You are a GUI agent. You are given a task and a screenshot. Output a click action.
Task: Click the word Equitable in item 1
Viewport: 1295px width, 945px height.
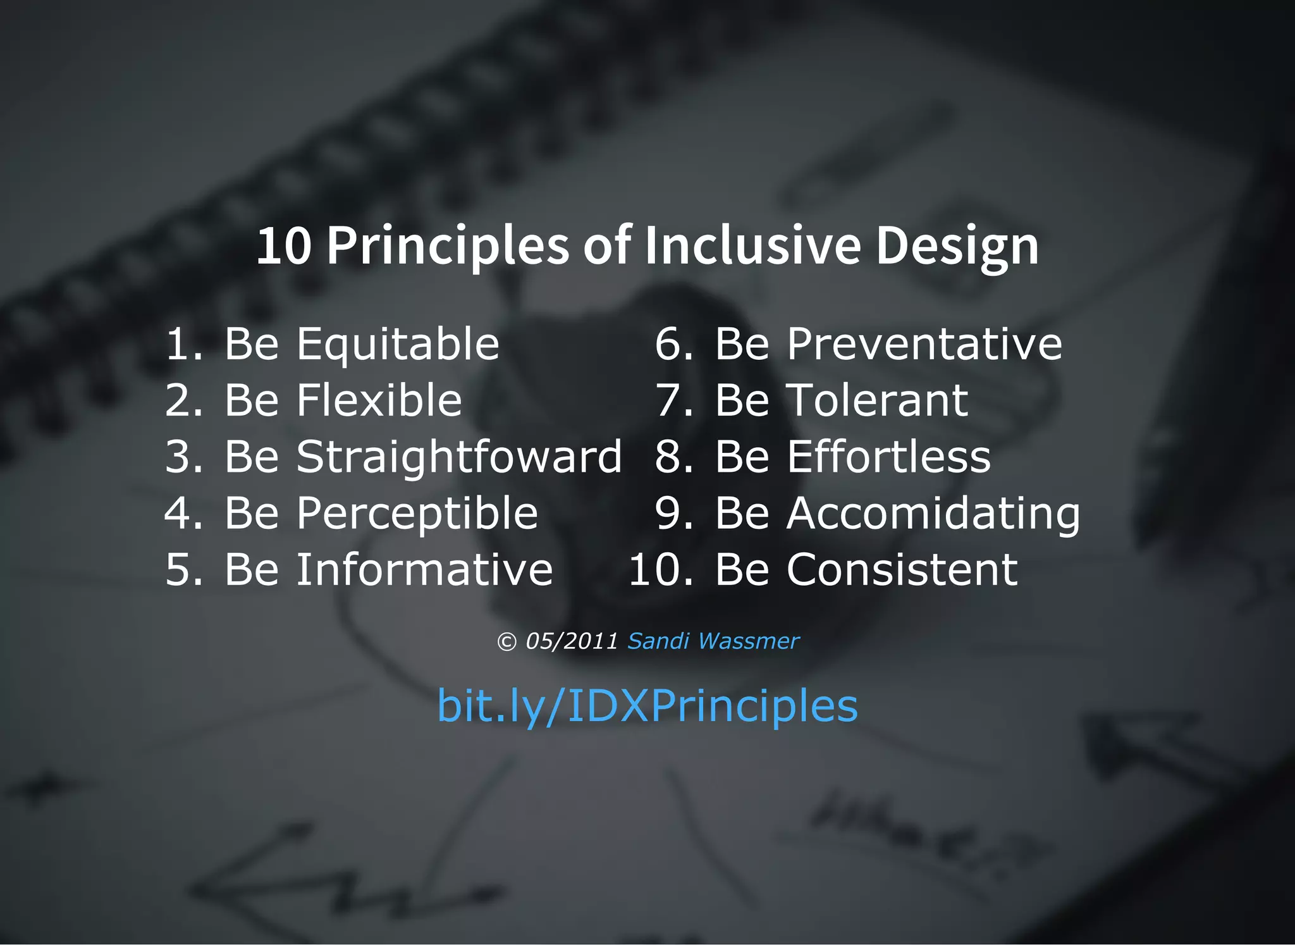(398, 345)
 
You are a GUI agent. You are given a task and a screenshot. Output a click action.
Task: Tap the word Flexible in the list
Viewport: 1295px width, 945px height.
(379, 401)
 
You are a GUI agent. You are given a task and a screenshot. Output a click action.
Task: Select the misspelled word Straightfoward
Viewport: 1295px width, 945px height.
(459, 457)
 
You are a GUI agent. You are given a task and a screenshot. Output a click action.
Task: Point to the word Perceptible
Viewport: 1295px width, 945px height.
(417, 514)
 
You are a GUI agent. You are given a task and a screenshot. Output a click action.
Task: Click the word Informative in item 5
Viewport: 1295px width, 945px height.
(425, 569)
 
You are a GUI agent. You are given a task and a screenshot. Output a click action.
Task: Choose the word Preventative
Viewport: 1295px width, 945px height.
(924, 345)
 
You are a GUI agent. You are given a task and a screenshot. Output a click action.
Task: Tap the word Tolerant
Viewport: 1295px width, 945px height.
(877, 401)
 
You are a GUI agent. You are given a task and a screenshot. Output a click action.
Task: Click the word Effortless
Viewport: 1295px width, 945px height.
(889, 457)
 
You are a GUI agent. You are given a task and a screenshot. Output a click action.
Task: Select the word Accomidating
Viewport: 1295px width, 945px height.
(933, 514)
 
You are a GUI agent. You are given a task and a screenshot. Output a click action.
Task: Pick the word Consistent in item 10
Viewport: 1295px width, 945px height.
(902, 570)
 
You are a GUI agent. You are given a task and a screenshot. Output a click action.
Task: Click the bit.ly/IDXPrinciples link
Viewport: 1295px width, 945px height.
(647, 706)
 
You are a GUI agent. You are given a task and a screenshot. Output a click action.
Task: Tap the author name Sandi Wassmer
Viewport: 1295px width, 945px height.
(713, 641)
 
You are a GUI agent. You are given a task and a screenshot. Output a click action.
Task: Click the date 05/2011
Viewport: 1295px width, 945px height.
(572, 641)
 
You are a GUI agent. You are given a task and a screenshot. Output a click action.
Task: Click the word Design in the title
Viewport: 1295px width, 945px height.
(957, 247)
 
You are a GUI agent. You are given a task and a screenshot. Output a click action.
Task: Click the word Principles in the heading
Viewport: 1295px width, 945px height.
(448, 247)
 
